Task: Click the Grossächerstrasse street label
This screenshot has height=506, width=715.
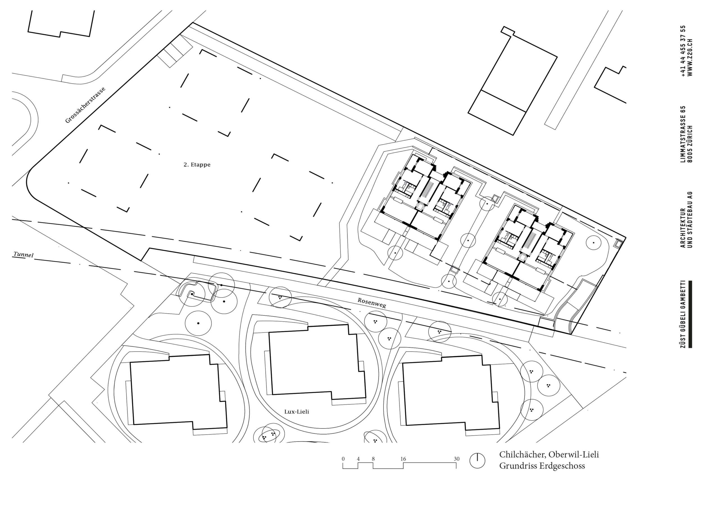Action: (85, 105)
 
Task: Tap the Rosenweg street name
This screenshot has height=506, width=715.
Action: (372, 302)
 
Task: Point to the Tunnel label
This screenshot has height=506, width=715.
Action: (23, 255)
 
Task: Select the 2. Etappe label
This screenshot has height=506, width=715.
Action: (197, 165)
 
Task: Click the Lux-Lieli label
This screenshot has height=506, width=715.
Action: (296, 412)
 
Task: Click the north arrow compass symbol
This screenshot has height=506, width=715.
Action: (477, 461)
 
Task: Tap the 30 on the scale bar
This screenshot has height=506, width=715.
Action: (457, 459)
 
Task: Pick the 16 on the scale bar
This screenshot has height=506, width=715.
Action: (403, 459)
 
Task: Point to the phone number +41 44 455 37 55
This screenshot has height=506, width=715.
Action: (683, 55)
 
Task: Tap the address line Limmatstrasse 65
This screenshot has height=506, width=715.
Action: (683, 134)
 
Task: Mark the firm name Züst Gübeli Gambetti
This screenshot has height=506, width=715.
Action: (683, 314)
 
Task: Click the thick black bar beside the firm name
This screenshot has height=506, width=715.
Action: (690, 314)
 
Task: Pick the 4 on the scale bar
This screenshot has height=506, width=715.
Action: (358, 459)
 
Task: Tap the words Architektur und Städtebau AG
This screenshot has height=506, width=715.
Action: (686, 219)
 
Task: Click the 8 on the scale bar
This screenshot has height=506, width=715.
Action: (373, 459)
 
